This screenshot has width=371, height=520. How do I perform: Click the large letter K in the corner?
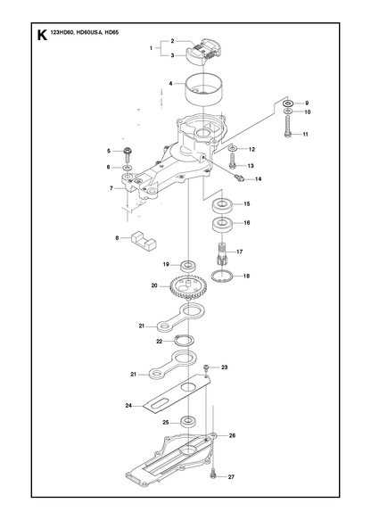tap(42, 35)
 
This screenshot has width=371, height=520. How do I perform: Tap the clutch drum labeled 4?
tap(204, 89)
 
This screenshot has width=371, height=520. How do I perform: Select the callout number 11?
tap(305, 135)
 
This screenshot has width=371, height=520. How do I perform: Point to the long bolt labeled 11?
tap(287, 127)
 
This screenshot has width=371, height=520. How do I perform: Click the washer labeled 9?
tap(287, 103)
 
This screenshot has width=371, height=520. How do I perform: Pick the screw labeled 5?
tap(128, 154)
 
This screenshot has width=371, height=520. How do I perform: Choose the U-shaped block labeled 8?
tap(144, 241)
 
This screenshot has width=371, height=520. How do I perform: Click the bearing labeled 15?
tap(222, 205)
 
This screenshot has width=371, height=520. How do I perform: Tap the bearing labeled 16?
tap(222, 225)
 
